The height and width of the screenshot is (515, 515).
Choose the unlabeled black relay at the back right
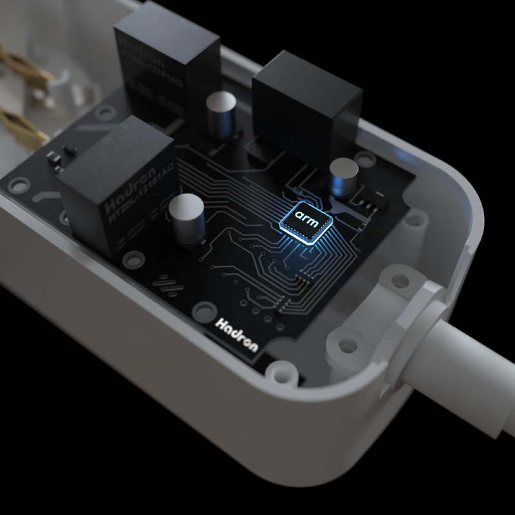(x=306, y=97)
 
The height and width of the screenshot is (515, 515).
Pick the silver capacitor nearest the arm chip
(x=343, y=178)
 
